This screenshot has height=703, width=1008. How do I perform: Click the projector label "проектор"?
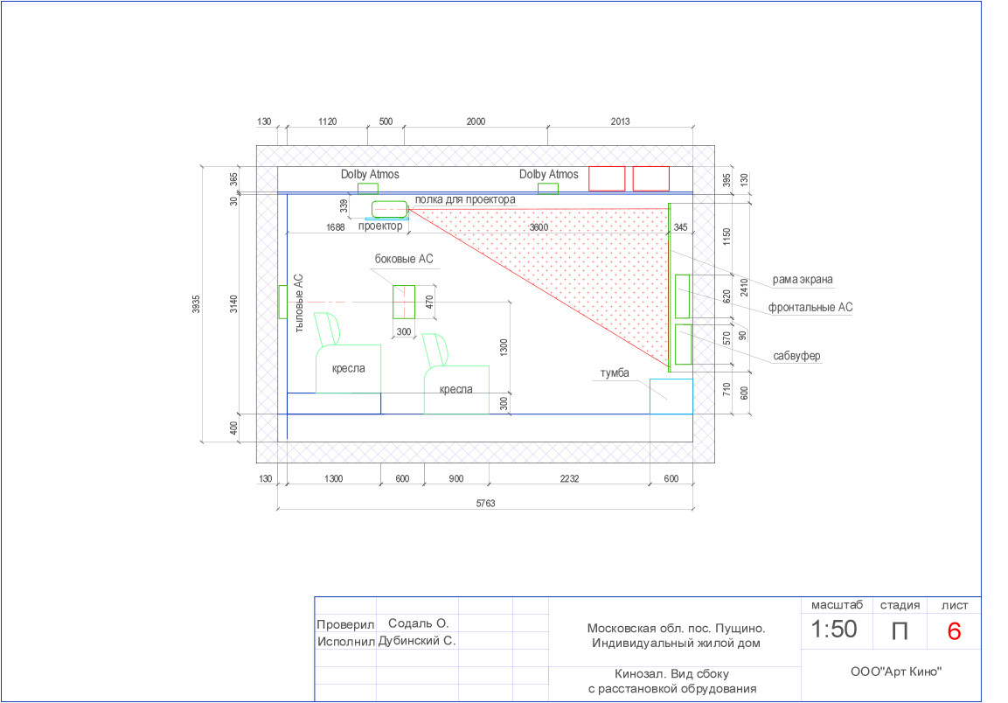pos(380,226)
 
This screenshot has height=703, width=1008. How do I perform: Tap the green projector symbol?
pos(390,210)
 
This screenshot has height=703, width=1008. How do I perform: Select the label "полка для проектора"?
pos(465,199)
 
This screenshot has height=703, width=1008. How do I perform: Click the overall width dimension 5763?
pos(485,503)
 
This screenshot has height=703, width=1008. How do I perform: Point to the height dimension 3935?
pos(196,304)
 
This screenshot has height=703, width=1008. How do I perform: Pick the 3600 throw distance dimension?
pos(539,227)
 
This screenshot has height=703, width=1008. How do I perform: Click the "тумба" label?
pos(615,373)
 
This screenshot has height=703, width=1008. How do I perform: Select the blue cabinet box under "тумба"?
pos(671,396)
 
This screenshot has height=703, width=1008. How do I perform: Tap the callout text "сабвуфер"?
pos(796,356)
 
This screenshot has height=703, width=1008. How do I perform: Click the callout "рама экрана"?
pos(803,280)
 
